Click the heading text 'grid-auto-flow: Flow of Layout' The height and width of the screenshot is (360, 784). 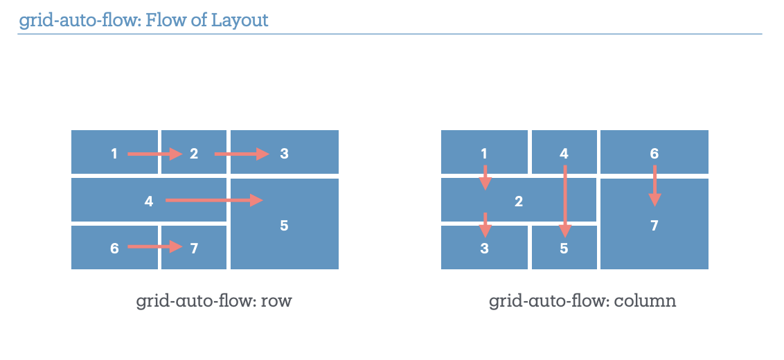143,20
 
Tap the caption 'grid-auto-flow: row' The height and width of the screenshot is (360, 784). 213,302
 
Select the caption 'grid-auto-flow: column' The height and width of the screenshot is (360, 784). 582,302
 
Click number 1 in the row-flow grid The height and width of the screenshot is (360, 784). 114,154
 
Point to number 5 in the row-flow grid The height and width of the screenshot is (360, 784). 284,226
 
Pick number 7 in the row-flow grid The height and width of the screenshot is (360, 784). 194,248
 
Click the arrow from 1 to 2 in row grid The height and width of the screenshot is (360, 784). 154,154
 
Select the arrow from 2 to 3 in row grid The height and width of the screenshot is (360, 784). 241,154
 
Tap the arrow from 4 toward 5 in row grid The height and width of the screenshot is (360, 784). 214,201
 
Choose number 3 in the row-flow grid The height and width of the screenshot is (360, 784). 284,154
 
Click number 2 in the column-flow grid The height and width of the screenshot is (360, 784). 518,202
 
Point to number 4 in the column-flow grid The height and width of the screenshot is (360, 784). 564,154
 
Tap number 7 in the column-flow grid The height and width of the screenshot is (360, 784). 654,226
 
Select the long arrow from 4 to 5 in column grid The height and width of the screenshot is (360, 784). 565,201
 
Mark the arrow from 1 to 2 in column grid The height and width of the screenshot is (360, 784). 485,177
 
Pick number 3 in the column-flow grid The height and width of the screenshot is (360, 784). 484,249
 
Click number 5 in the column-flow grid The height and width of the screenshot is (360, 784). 564,249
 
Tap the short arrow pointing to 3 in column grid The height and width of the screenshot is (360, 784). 485,224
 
